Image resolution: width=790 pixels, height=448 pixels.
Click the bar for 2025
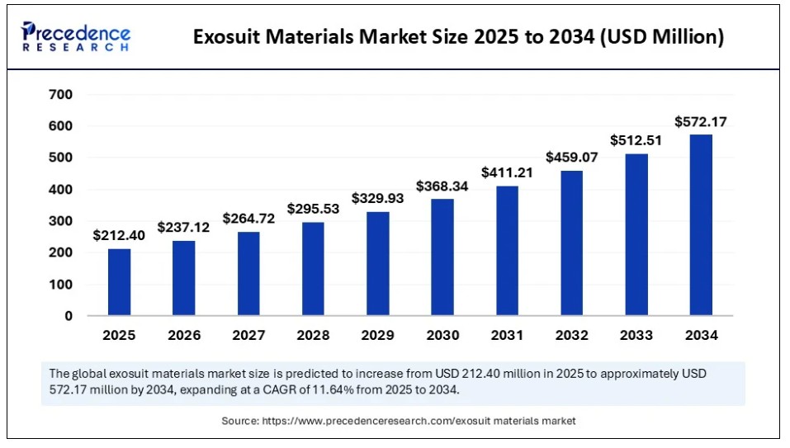pyautogui.click(x=120, y=282)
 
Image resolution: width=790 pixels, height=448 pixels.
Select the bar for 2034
pyautogui.click(x=701, y=225)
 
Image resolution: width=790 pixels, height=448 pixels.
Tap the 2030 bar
pyautogui.click(x=442, y=257)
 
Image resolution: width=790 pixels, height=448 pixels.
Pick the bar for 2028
pyautogui.click(x=313, y=269)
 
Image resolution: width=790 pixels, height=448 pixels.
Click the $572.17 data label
pyautogui.click(x=701, y=122)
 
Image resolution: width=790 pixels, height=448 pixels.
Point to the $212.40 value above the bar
pyautogui.click(x=119, y=236)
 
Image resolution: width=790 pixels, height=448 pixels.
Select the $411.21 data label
pyautogui.click(x=507, y=172)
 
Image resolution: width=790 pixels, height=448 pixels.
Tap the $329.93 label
pyautogui.click(x=377, y=198)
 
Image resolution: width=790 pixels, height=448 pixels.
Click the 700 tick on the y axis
pyautogui.click(x=60, y=95)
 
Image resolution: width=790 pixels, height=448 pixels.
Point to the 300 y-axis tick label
pyautogui.click(x=60, y=221)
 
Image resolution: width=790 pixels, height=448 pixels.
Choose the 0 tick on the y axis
pyautogui.click(x=69, y=316)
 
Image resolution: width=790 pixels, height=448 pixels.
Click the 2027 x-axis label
pyautogui.click(x=248, y=335)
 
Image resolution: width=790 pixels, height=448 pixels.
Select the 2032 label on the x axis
pyautogui.click(x=572, y=335)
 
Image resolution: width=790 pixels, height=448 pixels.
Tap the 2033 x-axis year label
pyautogui.click(x=636, y=335)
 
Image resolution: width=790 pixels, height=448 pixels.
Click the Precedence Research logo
pyautogui.click(x=76, y=36)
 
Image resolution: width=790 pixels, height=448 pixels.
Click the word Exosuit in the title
pyautogui.click(x=226, y=37)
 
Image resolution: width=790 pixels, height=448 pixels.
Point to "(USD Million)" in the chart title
pyautogui.click(x=662, y=37)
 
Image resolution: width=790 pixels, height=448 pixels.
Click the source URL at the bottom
pyautogui.click(x=419, y=421)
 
